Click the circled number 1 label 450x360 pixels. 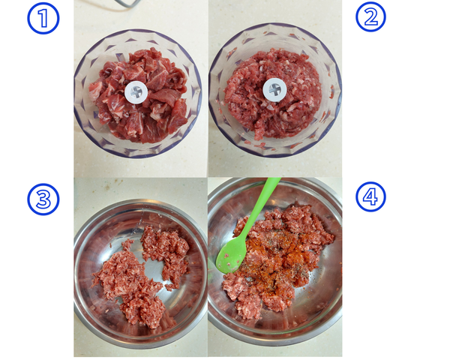(x=43, y=19)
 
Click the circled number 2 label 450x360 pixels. (x=370, y=16)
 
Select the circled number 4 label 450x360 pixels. (x=370, y=197)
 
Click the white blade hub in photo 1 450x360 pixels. (x=136, y=92)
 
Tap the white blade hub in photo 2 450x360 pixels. (x=274, y=89)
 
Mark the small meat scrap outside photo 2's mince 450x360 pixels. (x=331, y=91)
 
